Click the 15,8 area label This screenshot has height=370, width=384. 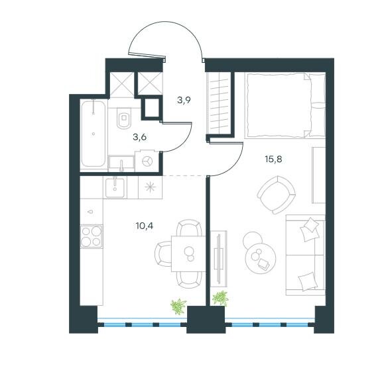click(x=273, y=160)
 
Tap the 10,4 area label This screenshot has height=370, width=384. click(x=145, y=226)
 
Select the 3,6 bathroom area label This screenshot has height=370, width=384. click(x=139, y=137)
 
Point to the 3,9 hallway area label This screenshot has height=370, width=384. click(x=184, y=100)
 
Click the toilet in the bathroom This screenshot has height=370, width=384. click(x=124, y=118)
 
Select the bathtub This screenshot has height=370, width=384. click(x=94, y=134)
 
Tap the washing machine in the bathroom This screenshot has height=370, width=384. click(x=147, y=161)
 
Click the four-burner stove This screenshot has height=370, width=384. click(x=92, y=236)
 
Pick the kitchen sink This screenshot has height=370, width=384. click(x=115, y=188)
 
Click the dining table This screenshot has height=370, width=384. click(x=188, y=254)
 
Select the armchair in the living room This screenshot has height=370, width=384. click(x=277, y=195)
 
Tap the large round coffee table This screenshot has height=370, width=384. click(x=261, y=258)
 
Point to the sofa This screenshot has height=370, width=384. click(x=305, y=255)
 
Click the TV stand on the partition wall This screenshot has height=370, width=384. click(x=219, y=258)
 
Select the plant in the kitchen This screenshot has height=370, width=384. click(x=178, y=306)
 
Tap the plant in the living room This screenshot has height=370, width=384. click(x=220, y=298)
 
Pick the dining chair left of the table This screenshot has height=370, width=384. click(x=163, y=254)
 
